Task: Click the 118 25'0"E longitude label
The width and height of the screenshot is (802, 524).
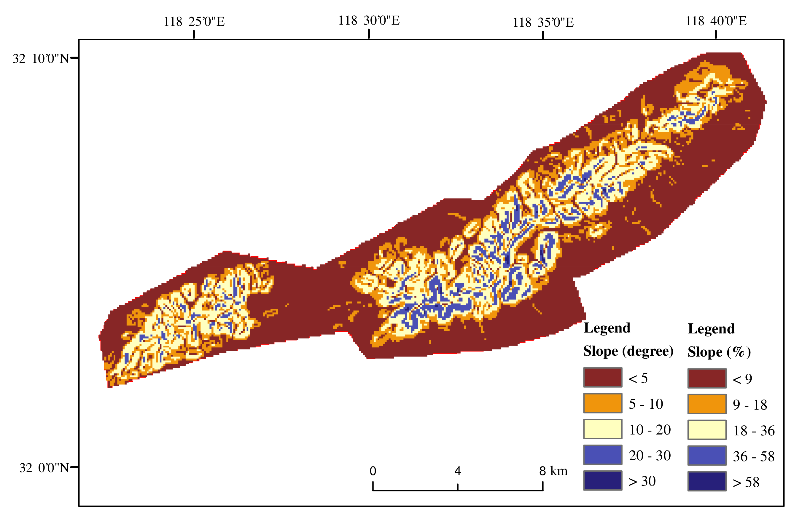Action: pyautogui.click(x=194, y=22)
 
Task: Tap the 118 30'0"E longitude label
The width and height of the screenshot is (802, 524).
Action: pyautogui.click(x=369, y=20)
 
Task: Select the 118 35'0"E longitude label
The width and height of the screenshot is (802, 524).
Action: pyautogui.click(x=543, y=23)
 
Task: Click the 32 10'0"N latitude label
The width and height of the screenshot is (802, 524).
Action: pyautogui.click(x=41, y=59)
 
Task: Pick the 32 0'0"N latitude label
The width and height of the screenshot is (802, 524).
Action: pyautogui.click(x=44, y=468)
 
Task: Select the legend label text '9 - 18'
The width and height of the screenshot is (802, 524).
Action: pyautogui.click(x=750, y=405)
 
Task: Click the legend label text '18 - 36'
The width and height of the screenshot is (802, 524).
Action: pyautogui.click(x=754, y=431)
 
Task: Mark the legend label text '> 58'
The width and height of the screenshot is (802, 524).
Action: pyautogui.click(x=746, y=483)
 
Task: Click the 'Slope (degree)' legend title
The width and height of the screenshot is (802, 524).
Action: pyautogui.click(x=628, y=351)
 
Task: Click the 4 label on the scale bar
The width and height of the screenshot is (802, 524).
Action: pyautogui.click(x=457, y=471)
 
